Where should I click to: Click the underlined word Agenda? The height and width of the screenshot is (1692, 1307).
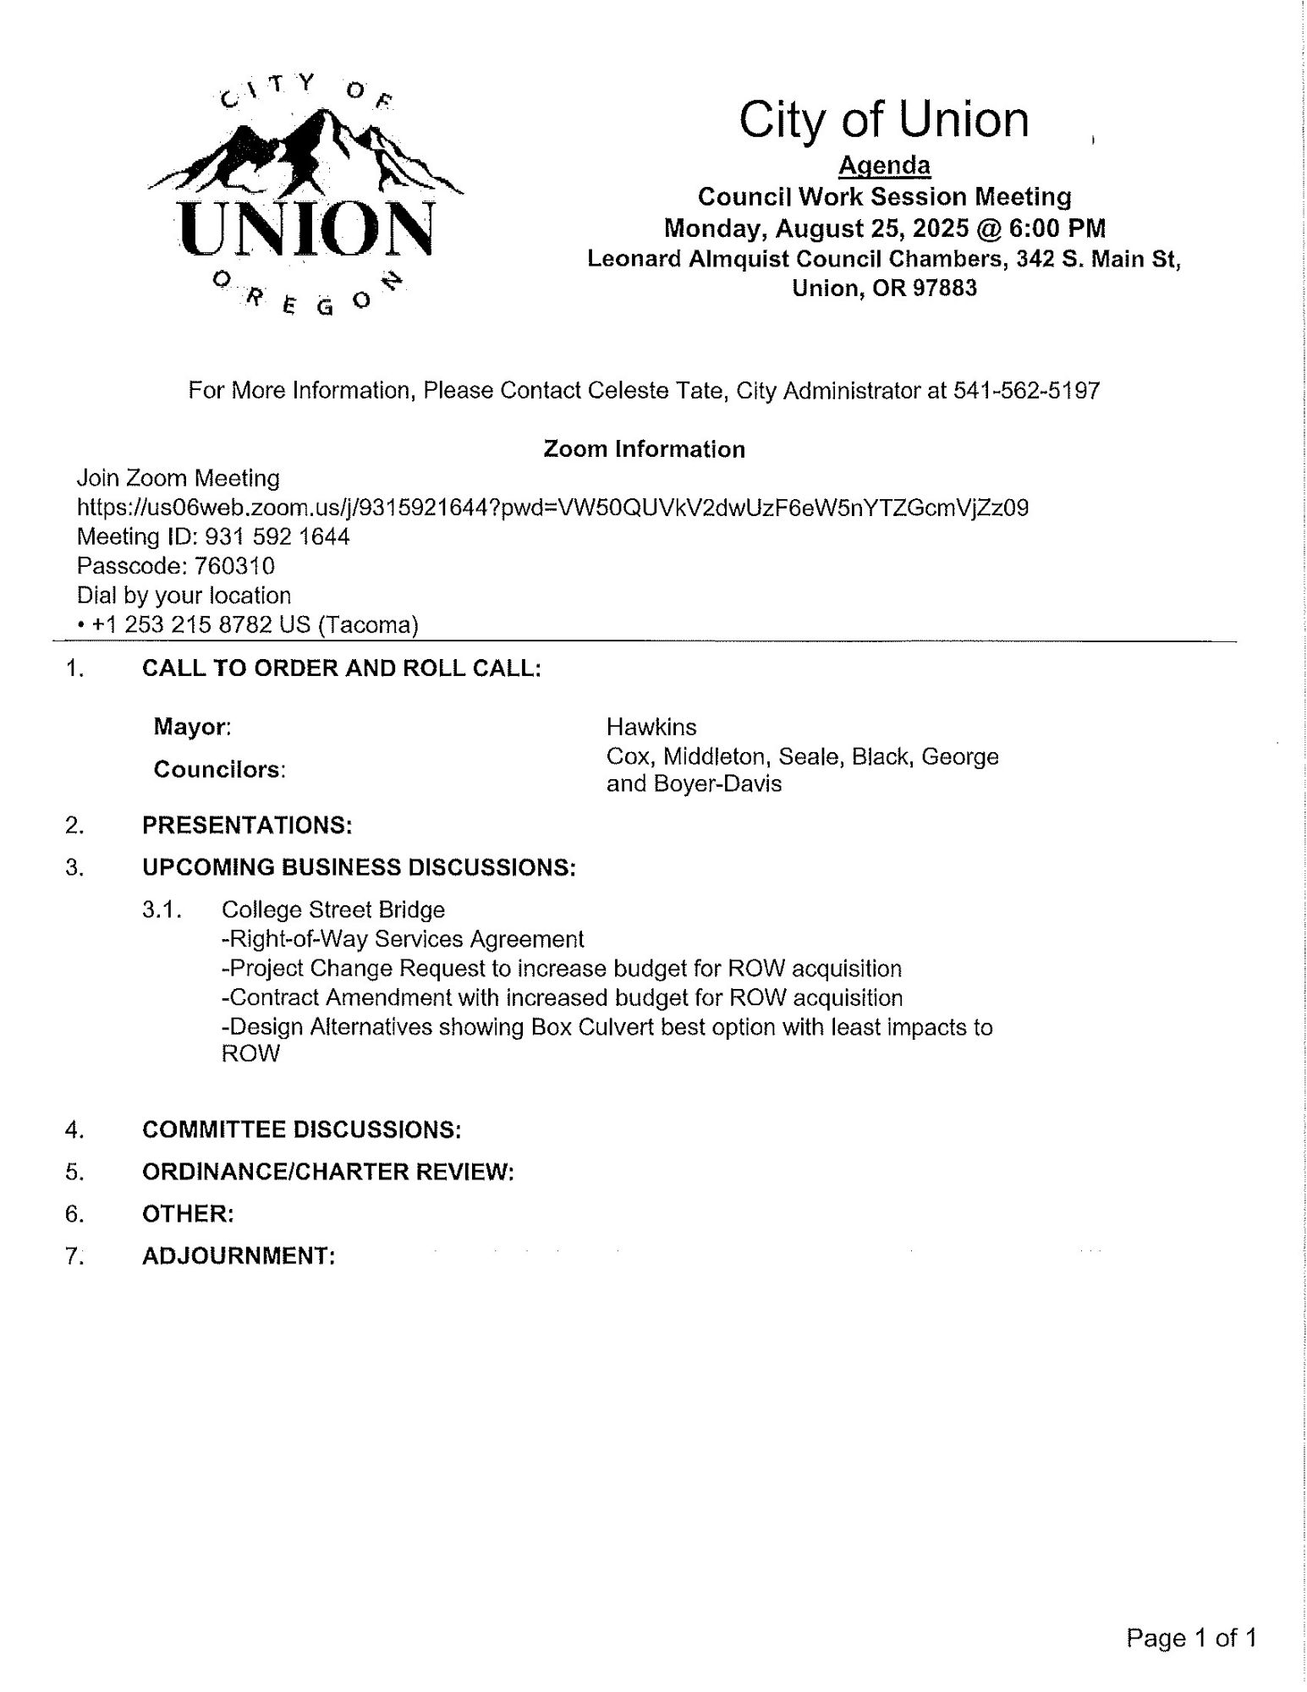[884, 166]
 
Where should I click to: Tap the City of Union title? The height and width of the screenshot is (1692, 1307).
[884, 120]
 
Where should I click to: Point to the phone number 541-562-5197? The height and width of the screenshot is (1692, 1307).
[1026, 391]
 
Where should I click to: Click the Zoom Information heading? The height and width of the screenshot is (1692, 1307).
[644, 449]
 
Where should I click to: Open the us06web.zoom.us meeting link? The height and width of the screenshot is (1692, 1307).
[552, 508]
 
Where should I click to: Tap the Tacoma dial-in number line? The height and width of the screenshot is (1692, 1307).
[248, 625]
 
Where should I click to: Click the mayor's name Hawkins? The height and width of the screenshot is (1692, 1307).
[651, 728]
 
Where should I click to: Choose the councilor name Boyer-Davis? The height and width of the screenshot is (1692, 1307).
[726, 784]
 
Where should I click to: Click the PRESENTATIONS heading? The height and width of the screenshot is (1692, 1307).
[247, 826]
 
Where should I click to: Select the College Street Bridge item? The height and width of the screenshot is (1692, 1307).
[332, 910]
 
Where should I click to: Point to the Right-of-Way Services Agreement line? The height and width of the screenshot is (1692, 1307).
[403, 940]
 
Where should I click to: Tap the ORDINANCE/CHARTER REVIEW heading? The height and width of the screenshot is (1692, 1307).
[327, 1172]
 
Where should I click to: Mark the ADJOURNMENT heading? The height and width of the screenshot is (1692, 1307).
[239, 1256]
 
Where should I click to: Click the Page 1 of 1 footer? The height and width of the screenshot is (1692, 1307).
[1191, 1639]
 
